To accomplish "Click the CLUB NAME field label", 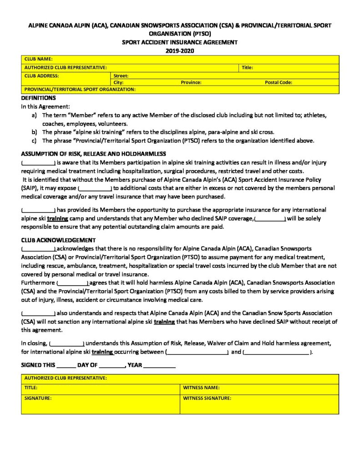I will pyautogui.click(x=39, y=59).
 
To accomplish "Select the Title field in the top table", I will pyautogui.click(x=247, y=67).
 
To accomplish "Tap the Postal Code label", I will pyautogui.click(x=278, y=82).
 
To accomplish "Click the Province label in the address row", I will pyautogui.click(x=191, y=82).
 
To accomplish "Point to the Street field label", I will pyautogui.click(x=121, y=76).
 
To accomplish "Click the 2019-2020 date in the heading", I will pyautogui.click(x=179, y=51).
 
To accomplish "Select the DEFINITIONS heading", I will pyautogui.click(x=38, y=98).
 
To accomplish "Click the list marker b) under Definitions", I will pyautogui.click(x=34, y=132).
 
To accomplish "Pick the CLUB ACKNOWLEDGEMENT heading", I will pyautogui.click(x=58, y=240).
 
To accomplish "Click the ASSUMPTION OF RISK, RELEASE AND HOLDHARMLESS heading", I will pyautogui.click(x=93, y=154).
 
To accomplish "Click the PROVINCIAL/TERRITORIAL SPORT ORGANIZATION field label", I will pyautogui.click(x=80, y=90).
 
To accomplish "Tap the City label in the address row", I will pyautogui.click(x=118, y=82).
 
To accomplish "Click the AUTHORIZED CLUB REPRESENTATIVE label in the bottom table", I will pyautogui.click(x=66, y=378).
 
